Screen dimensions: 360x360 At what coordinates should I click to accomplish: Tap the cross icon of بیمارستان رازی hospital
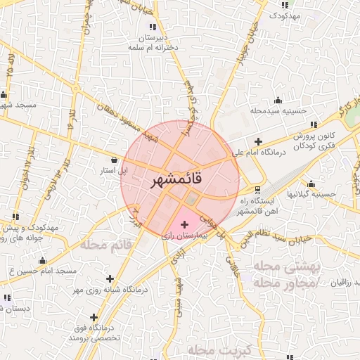tap(185, 224)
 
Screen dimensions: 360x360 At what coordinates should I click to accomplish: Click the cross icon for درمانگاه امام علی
tap(259, 141)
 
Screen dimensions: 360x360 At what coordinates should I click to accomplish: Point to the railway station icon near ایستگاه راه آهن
tap(257, 189)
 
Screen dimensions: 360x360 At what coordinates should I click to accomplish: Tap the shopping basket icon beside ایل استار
tap(114, 160)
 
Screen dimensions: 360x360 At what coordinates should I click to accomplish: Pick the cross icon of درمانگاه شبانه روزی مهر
tap(109, 279)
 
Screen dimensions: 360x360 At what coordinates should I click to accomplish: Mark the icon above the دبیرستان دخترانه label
tap(151, 27)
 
